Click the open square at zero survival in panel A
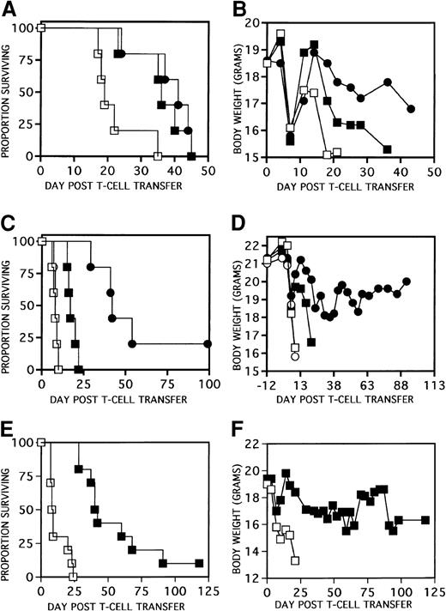[x=157, y=157]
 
